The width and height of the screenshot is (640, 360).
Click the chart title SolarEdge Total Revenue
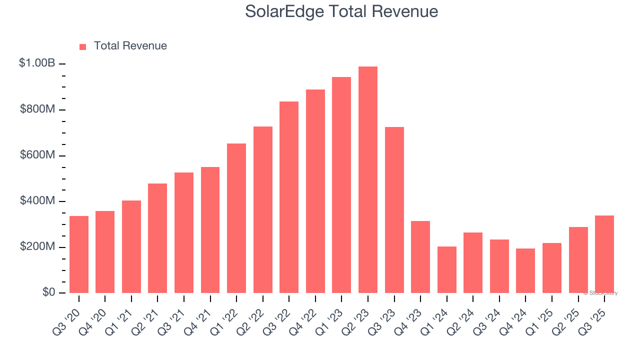pyautogui.click(x=341, y=11)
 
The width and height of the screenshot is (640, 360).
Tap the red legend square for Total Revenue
pyautogui.click(x=83, y=46)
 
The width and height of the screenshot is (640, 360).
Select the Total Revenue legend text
pyautogui.click(x=130, y=46)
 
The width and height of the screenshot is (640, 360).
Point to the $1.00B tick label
pyautogui.click(x=37, y=63)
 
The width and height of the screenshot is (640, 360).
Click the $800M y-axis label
pyautogui.click(x=37, y=109)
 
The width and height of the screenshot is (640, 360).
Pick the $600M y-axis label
pyautogui.click(x=37, y=155)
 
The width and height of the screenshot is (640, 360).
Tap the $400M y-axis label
pyautogui.click(x=37, y=201)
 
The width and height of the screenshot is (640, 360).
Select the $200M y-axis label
pyautogui.click(x=37, y=247)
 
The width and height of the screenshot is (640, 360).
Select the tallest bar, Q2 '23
pyautogui.click(x=368, y=180)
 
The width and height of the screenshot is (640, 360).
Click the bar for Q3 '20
pyautogui.click(x=79, y=254)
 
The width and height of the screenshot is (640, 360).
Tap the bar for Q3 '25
pyautogui.click(x=604, y=254)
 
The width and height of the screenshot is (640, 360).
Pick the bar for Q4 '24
pyautogui.click(x=525, y=270)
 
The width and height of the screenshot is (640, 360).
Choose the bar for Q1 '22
pyautogui.click(x=236, y=218)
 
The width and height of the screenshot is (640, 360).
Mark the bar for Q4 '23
pyautogui.click(x=420, y=257)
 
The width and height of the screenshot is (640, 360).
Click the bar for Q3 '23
pyautogui.click(x=394, y=210)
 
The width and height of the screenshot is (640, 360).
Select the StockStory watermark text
pyautogui.click(x=600, y=293)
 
